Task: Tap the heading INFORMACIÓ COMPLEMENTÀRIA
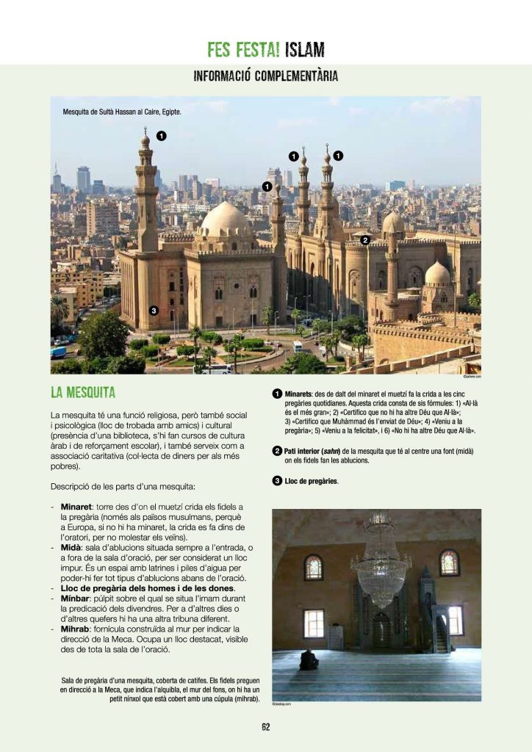click(265, 76)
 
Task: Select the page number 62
click(266, 727)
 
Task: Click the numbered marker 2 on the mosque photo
click(364, 239)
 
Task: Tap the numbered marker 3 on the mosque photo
click(153, 311)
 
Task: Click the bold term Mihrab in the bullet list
click(76, 629)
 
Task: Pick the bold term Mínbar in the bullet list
click(76, 599)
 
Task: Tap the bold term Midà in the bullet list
click(71, 547)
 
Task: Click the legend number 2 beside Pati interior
click(277, 450)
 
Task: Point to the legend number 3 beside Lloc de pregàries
click(277, 481)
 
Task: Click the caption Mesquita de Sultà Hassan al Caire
click(122, 112)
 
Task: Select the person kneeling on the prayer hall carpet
click(309, 660)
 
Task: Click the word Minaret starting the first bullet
click(76, 507)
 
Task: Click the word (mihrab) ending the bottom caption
click(242, 698)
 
